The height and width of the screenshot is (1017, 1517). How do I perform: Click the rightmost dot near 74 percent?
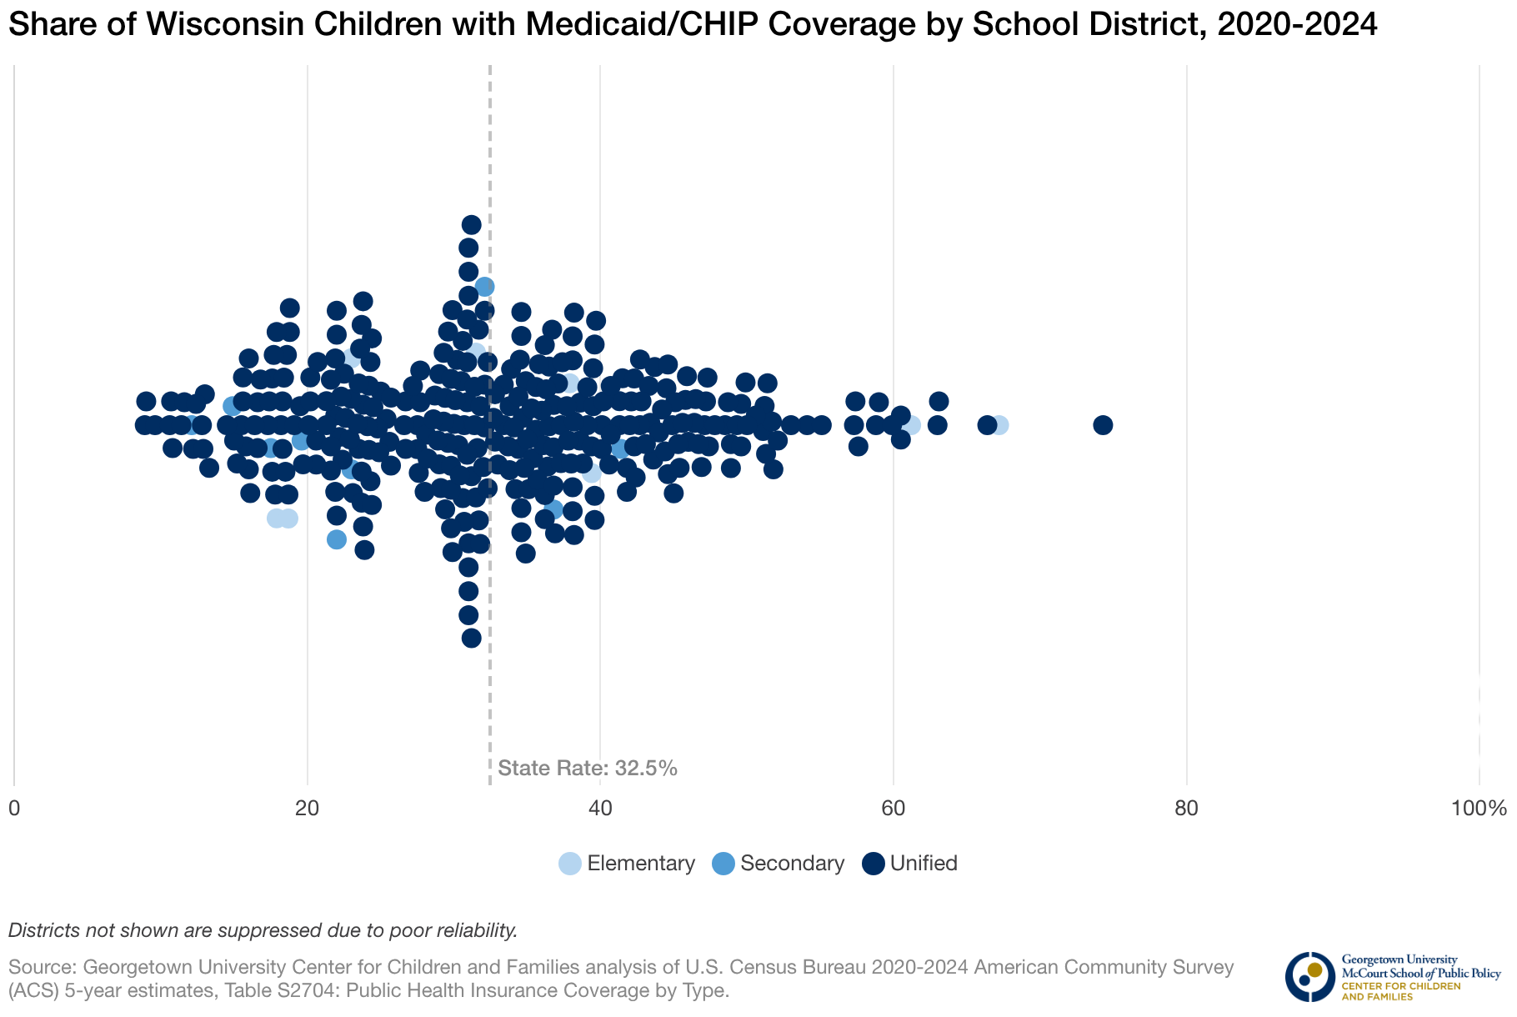point(1103,425)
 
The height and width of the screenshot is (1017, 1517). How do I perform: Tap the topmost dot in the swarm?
point(472,224)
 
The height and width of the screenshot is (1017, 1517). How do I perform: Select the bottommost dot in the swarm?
point(472,638)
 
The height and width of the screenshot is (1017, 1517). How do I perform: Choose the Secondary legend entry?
point(779,864)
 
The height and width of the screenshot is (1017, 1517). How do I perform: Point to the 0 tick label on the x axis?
point(14,809)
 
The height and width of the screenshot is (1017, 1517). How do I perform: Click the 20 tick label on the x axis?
point(308,809)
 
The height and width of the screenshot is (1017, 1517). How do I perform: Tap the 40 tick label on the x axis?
point(600,809)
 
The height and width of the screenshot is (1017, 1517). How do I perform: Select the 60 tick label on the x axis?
point(894,809)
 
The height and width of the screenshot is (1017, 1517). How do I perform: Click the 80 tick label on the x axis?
point(1186,809)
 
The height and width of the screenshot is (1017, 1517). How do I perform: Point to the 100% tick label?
point(1479,809)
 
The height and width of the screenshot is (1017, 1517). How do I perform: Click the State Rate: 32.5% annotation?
point(588,769)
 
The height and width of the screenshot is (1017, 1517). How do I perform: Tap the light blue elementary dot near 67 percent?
point(999,425)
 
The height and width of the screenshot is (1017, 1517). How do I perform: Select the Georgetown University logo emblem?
point(1309,976)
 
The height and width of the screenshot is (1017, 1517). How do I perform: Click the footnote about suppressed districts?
point(263,930)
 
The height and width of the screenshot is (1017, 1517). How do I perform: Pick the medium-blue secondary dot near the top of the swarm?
point(484,287)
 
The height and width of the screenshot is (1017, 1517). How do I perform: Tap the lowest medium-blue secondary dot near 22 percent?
point(337,539)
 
